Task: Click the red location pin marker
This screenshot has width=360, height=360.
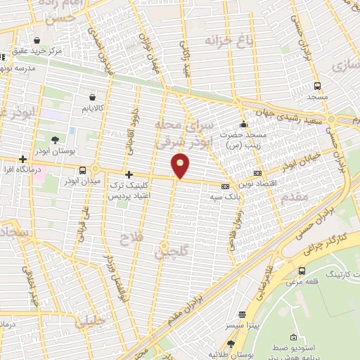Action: tap(181, 166)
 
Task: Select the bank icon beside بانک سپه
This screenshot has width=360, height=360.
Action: tap(225, 186)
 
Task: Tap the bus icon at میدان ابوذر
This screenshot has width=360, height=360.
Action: tap(83, 170)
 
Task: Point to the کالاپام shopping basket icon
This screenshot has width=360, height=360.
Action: tap(93, 98)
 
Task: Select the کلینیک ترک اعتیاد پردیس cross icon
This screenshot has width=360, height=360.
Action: tap(128, 174)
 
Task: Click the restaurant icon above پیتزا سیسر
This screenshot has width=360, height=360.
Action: tap(243, 314)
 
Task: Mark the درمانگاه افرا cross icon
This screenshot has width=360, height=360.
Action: tap(24, 159)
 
